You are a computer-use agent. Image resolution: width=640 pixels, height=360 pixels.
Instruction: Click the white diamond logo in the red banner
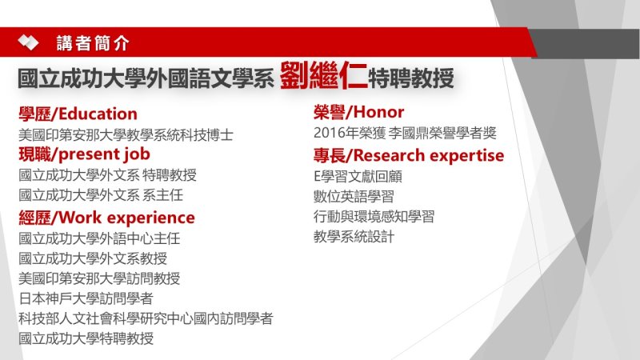[28, 42]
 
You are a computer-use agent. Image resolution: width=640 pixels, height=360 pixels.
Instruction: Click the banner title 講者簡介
[93, 43]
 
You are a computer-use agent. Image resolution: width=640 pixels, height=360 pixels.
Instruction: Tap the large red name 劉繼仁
[324, 75]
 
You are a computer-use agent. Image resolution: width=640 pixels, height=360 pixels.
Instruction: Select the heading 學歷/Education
[78, 114]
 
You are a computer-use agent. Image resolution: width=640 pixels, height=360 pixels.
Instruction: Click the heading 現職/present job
[85, 154]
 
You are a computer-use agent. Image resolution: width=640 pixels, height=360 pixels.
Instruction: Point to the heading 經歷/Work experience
[106, 218]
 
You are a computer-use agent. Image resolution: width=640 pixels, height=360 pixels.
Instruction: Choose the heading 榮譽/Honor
[358, 112]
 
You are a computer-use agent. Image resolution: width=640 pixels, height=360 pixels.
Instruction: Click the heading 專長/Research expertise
[409, 155]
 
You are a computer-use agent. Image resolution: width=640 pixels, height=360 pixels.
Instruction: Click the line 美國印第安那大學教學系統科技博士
[126, 134]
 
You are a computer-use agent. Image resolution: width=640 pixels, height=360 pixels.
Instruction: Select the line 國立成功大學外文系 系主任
[101, 195]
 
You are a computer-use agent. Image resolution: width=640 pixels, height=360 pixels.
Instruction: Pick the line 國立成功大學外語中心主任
[99, 238]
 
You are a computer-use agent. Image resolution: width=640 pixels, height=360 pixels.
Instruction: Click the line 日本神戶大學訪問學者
[86, 298]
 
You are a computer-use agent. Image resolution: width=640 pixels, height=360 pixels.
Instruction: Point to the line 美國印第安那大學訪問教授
[99, 278]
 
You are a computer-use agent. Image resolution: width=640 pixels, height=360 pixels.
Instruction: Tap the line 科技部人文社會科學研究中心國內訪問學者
[146, 318]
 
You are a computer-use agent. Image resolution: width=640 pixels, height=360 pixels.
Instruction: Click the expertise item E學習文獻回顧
[358, 176]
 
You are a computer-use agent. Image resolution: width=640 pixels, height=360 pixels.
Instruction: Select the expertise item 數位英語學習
[354, 196]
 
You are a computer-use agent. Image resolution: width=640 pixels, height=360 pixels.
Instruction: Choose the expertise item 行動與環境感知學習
[374, 216]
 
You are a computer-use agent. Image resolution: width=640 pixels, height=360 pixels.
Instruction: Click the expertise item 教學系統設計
[354, 236]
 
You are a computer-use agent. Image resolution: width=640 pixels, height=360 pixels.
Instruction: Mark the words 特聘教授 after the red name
[411, 78]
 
